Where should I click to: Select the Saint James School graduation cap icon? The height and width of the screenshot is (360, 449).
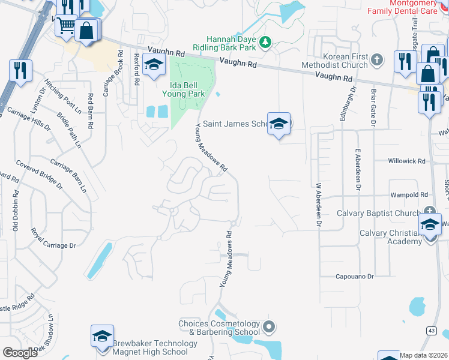coord(279,124)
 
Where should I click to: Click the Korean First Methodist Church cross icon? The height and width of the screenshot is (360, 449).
coord(376,59)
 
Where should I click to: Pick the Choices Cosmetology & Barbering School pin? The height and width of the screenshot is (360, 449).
coord(269,327)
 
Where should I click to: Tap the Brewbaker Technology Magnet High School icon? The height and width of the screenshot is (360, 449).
coord(102,335)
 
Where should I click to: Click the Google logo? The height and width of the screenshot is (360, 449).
coord(20,353)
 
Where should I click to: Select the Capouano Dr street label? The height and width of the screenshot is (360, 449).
coord(355,276)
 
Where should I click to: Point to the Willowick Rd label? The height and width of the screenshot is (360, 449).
coord(406,161)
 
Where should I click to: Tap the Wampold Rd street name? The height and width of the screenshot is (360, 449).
coord(408,194)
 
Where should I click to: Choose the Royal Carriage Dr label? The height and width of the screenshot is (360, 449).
coord(53,245)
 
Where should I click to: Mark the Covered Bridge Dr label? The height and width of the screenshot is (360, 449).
coord(39,173)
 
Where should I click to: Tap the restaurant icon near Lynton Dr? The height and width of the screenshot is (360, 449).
coord(21,71)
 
